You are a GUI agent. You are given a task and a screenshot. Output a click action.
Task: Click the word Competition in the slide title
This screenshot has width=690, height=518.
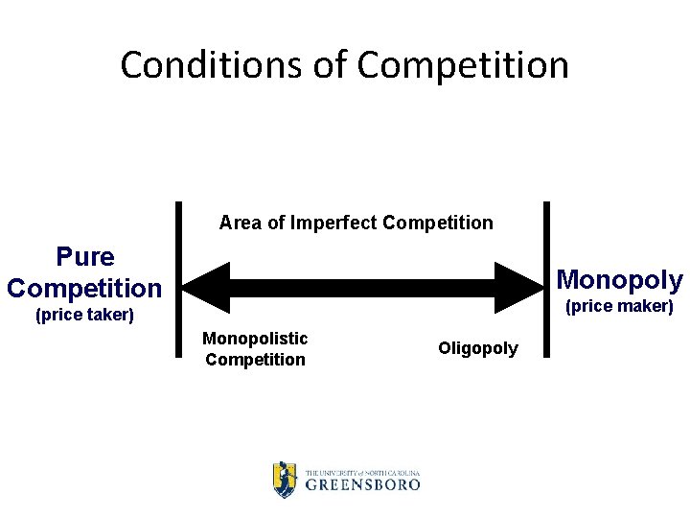[x=463, y=65]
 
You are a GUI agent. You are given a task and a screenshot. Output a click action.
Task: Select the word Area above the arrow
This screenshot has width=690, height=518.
[x=240, y=224]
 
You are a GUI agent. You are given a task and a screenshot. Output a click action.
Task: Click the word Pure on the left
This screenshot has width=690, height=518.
[x=85, y=257]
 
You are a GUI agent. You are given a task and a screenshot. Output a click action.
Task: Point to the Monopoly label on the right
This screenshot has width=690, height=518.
[x=619, y=280]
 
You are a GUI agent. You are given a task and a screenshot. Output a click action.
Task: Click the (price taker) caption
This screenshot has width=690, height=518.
[x=84, y=315]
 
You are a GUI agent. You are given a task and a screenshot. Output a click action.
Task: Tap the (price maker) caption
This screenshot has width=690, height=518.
[x=619, y=307]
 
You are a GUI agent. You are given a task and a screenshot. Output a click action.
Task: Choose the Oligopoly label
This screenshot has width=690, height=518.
[x=478, y=348]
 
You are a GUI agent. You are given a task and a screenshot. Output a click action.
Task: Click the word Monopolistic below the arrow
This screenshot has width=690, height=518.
[x=255, y=338]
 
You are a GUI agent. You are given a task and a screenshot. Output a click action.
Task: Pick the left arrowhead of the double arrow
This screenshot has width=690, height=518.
[x=204, y=287]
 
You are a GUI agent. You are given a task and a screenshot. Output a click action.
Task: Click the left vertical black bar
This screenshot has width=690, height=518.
[x=179, y=278]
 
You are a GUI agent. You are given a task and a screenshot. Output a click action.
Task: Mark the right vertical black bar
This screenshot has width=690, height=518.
[x=547, y=278]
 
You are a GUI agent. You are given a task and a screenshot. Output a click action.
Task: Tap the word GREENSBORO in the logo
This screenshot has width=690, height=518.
[x=362, y=484]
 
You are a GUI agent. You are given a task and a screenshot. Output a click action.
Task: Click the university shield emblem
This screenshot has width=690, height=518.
[x=285, y=479]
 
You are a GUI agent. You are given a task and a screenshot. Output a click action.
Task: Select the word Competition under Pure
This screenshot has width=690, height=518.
[x=84, y=288]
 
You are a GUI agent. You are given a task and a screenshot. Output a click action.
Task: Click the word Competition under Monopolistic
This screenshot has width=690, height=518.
[x=255, y=360]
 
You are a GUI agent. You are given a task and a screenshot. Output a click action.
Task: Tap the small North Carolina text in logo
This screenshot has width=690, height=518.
[x=388, y=473]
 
